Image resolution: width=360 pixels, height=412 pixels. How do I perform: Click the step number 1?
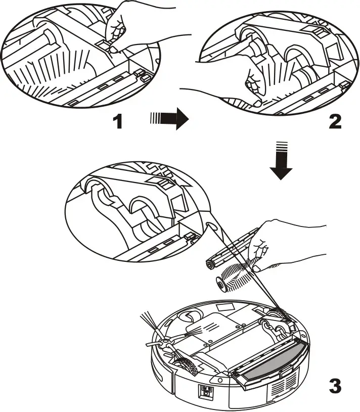click(117, 121)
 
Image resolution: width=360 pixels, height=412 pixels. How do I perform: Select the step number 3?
click(335, 386)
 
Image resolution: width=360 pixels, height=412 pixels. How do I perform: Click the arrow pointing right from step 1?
click(169, 121)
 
